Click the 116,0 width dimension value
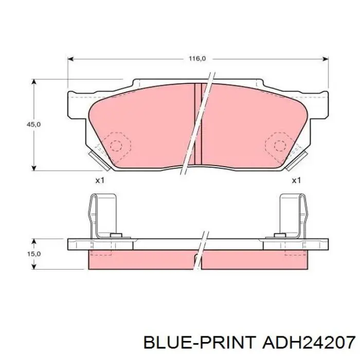coord(197,59)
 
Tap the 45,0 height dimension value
coord(34,124)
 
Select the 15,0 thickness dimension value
coord(34,254)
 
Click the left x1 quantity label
coord(100,181)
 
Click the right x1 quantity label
coord(296,181)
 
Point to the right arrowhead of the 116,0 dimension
coord(326,59)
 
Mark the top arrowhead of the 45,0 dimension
coord(34,82)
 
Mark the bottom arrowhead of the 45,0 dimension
coord(34,168)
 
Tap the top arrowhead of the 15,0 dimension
coord(34,242)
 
